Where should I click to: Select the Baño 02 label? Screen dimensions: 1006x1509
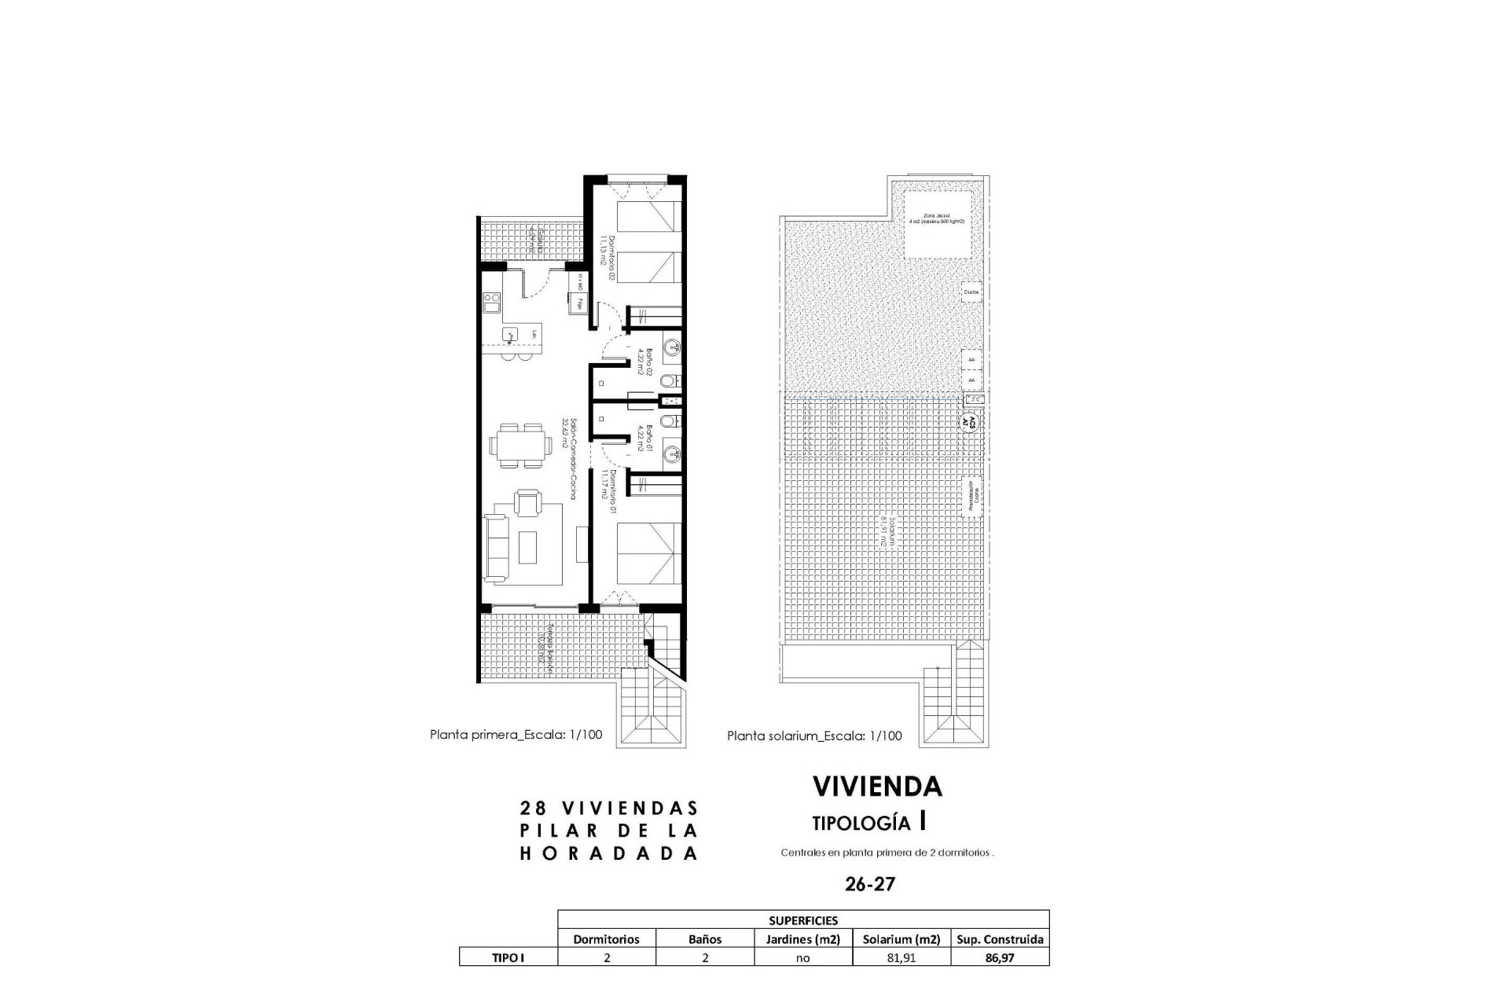point(640,362)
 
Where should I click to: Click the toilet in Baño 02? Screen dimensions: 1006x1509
point(667,382)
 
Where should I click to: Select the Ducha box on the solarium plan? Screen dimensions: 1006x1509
point(971,292)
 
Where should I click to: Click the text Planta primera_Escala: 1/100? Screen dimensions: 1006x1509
point(516,735)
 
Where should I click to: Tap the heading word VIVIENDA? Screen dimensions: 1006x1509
point(876,786)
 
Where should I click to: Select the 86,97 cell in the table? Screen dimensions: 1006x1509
point(999,958)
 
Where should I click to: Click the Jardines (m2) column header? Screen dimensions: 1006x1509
point(802,939)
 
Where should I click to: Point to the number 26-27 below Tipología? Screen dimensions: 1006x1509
point(869,884)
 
